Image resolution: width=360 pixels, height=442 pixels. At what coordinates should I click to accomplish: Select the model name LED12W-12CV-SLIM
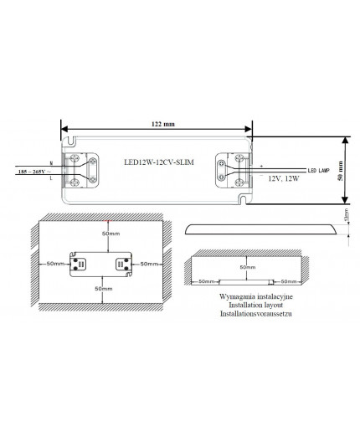158,164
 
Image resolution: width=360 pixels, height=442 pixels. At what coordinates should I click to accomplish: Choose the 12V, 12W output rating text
285,179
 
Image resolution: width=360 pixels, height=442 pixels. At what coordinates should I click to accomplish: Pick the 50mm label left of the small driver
56,263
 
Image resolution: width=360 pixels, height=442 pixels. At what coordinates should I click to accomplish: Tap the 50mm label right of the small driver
151,263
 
